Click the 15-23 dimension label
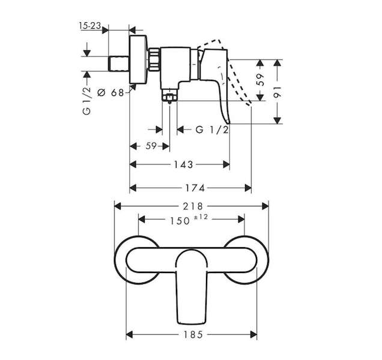(x=90, y=26)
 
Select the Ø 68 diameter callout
(x=111, y=92)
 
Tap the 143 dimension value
(x=183, y=165)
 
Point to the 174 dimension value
(x=195, y=188)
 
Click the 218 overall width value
(x=193, y=206)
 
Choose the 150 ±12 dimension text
(x=189, y=219)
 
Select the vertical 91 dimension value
(x=277, y=92)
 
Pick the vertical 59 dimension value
(x=261, y=80)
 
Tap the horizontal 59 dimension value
(x=151, y=146)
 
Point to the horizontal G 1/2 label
(x=213, y=130)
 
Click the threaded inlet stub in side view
(x=119, y=64)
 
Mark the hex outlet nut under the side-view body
(x=170, y=97)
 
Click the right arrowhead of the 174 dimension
(x=248, y=188)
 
